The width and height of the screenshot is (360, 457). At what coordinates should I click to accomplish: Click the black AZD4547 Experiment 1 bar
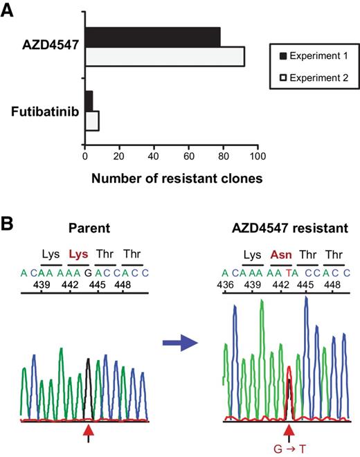tap(152, 37)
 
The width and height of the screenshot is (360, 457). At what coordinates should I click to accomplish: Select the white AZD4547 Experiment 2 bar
tap(164, 56)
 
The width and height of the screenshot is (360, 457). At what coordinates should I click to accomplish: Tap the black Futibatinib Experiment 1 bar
tap(89, 100)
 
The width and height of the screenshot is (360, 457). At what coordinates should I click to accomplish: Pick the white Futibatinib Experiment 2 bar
tap(91, 120)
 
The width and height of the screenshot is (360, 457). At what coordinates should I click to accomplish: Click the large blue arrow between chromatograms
tap(178, 361)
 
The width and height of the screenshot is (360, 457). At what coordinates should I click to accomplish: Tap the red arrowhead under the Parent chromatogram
tap(89, 431)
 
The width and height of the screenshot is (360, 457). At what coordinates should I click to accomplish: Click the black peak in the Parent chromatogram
tap(89, 388)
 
